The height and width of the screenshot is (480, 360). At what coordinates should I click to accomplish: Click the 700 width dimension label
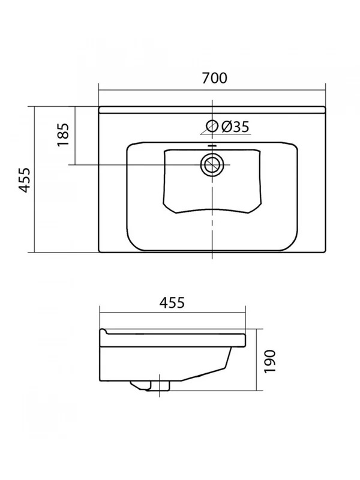click(x=214, y=78)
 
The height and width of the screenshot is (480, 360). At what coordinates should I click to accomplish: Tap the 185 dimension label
click(x=64, y=134)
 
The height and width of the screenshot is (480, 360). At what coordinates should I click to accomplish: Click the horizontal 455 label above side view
click(x=172, y=302)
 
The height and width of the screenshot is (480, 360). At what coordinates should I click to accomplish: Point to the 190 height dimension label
click(x=270, y=361)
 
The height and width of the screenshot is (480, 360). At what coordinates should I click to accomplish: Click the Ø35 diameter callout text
click(x=235, y=127)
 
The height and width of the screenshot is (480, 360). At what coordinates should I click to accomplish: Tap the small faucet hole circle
click(x=212, y=126)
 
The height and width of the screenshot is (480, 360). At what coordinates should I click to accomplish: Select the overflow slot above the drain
click(x=212, y=146)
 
